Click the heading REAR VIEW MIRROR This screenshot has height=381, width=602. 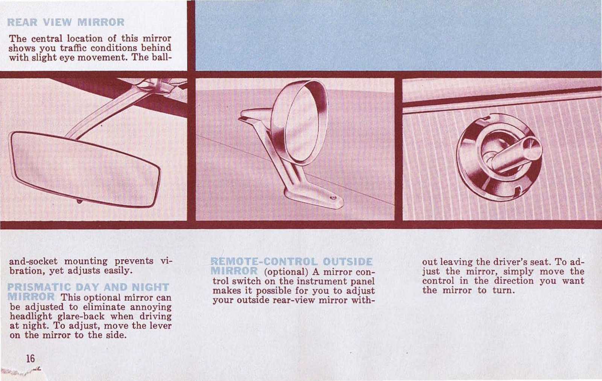66,22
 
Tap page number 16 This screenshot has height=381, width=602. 30,358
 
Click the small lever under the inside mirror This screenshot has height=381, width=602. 79,202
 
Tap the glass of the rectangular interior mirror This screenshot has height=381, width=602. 85,170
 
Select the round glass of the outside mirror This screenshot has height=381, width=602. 299,122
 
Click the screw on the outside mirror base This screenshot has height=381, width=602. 333,197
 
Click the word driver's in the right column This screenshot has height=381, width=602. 501,262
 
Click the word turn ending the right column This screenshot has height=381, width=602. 503,291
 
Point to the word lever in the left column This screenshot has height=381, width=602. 161,326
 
